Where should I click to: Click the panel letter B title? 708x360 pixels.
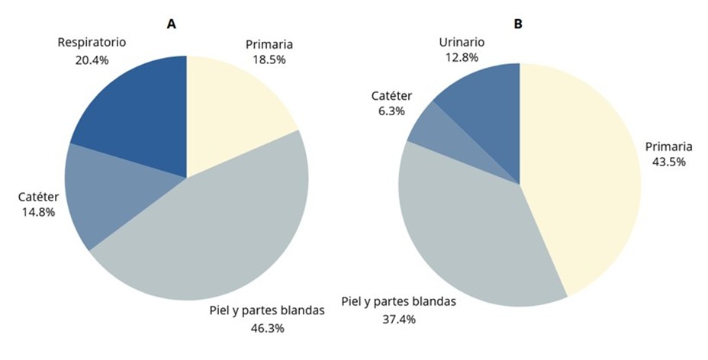tap(518, 24)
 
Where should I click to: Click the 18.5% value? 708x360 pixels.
tap(269, 59)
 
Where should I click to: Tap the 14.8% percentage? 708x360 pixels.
tap(38, 213)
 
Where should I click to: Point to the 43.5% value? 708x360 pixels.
tap(669, 162)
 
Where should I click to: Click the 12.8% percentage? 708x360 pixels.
tap(462, 57)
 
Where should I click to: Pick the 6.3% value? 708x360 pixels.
tap(391, 111)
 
